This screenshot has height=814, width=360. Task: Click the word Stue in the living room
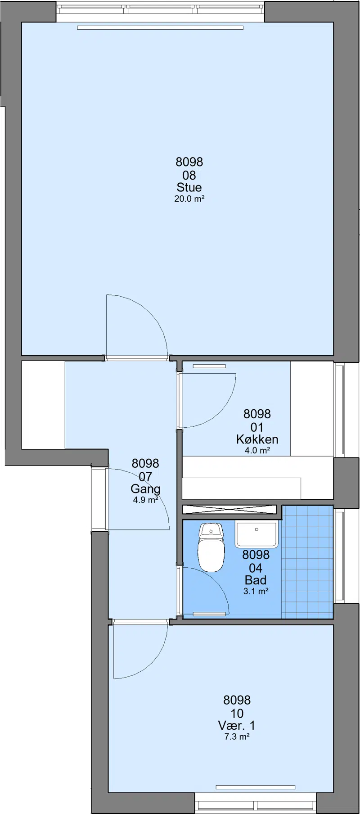tap(189, 187)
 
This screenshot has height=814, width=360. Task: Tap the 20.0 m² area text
tap(189, 199)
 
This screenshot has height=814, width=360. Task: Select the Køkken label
tap(257, 439)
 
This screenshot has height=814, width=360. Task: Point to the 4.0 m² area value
tap(257, 450)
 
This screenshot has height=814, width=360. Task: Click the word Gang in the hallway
tap(145, 488)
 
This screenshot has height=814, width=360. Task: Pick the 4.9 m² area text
tap(145, 499)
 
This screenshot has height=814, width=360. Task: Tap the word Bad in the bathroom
tap(256, 580)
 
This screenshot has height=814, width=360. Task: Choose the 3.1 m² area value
tap(256, 591)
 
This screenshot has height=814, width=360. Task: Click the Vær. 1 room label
tap(237, 725)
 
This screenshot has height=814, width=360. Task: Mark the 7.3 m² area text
tap(237, 737)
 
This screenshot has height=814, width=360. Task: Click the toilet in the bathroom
tap(211, 546)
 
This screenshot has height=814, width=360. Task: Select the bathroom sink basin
tap(256, 535)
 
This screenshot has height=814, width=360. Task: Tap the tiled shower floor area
tap(307, 562)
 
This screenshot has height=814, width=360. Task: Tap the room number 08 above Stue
tap(189, 175)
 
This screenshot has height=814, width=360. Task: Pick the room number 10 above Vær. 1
tap(237, 713)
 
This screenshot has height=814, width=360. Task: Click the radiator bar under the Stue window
tap(160, 27)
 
